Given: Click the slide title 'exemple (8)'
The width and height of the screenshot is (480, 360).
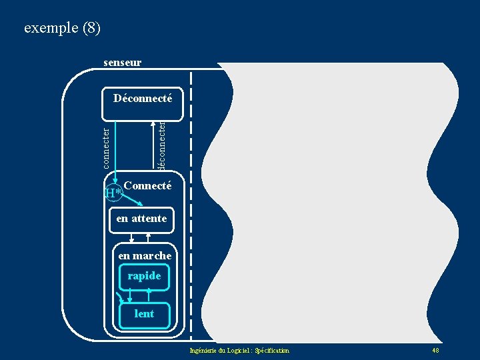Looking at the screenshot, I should [x=62, y=28].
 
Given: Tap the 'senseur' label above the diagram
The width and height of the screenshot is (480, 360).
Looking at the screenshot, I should [x=122, y=63].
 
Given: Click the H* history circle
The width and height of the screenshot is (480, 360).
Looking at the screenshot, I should [x=113, y=193].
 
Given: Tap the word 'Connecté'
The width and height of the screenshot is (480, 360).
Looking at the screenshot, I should [x=147, y=186].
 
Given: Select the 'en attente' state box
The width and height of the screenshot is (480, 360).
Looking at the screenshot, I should [x=141, y=219].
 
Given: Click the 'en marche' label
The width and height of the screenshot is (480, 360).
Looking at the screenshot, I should [x=145, y=256].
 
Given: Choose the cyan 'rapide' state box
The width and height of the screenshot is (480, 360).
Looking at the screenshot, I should [x=144, y=276].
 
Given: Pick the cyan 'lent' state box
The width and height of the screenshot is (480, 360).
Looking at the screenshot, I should [x=144, y=314].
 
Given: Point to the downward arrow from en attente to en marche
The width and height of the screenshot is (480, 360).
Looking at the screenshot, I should [x=132, y=237].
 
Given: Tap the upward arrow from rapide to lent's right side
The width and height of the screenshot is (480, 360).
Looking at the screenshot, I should [x=149, y=294].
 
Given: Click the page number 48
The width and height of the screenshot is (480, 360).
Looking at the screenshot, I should [x=435, y=351].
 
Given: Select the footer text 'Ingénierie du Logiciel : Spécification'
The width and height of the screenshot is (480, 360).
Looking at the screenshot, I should [x=239, y=351].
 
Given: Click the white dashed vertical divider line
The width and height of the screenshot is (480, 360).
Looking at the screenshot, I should [x=191, y=200].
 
